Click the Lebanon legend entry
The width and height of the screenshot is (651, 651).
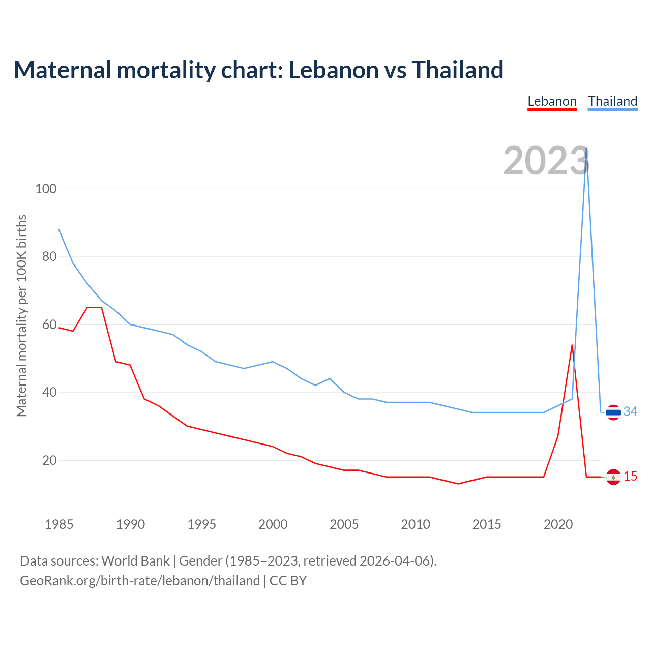(x=552, y=101)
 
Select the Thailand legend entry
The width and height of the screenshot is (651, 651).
(x=612, y=101)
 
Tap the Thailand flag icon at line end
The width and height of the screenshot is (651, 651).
(x=613, y=412)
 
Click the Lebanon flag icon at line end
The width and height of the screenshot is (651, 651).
(x=613, y=477)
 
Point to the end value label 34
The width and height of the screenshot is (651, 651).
(x=630, y=411)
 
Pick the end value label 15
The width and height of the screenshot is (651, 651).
(x=630, y=477)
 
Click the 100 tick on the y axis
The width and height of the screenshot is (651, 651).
(x=45, y=189)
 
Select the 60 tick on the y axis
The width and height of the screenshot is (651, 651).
(x=49, y=324)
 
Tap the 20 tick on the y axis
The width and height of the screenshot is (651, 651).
(x=49, y=460)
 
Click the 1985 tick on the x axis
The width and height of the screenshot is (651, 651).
(x=59, y=524)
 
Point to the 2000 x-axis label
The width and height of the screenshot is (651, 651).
(x=273, y=524)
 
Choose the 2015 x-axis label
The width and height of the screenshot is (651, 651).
(x=487, y=524)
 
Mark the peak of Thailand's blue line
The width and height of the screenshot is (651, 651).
(x=586, y=149)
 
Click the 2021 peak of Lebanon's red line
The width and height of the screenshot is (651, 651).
(x=572, y=345)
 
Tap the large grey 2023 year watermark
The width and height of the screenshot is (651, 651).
(x=546, y=161)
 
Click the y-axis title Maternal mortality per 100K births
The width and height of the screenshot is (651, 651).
(x=21, y=315)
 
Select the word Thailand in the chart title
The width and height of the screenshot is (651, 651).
(x=457, y=70)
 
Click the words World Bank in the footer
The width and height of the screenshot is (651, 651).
(x=135, y=561)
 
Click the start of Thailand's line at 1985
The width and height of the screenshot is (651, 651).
(x=59, y=229)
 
